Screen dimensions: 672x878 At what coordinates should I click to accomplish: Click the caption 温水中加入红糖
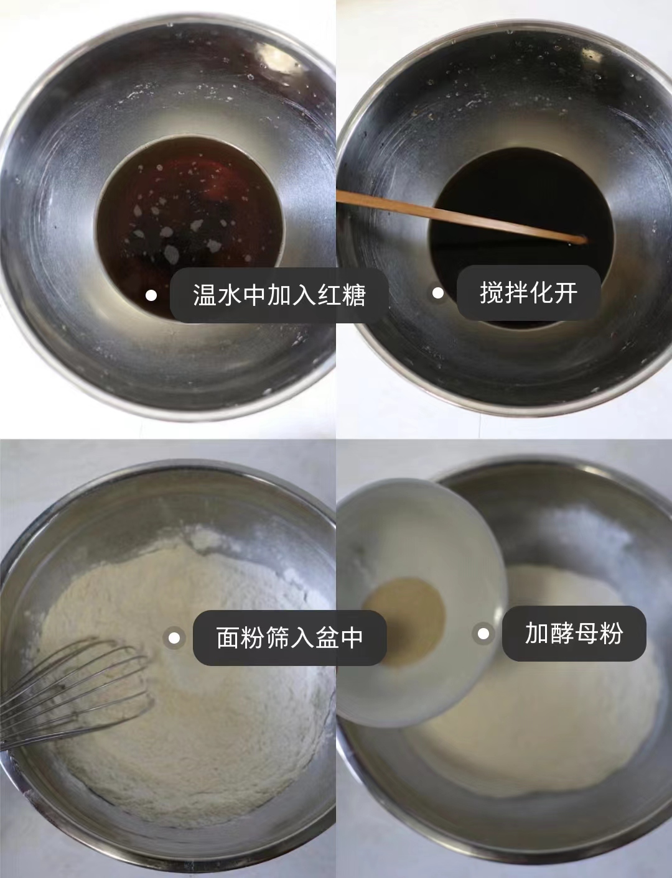[279, 295]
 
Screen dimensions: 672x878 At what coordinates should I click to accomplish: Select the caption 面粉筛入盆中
[289, 637]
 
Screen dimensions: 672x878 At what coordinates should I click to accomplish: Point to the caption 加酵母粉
[574, 633]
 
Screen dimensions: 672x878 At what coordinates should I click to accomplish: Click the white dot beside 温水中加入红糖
[151, 295]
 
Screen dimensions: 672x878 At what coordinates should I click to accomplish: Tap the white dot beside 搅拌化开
[438, 293]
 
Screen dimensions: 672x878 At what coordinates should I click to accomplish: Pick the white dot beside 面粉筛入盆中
[174, 637]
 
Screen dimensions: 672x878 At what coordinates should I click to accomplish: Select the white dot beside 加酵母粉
[483, 634]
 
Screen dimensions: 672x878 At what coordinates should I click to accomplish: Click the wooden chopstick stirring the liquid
[460, 216]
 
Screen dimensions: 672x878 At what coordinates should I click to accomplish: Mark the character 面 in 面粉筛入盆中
[228, 637]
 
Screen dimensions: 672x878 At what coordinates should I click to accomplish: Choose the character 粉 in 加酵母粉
[612, 633]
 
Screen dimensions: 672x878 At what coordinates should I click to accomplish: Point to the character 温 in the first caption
[205, 295]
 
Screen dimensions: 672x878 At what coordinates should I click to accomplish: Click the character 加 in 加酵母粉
[537, 633]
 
